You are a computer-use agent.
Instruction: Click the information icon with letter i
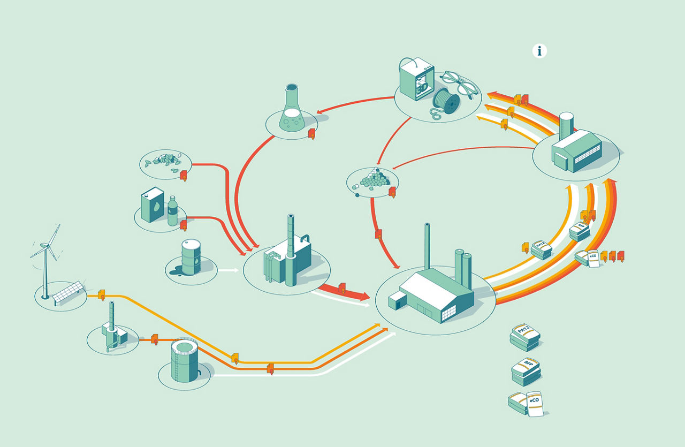point(539,51)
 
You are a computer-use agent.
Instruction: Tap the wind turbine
point(46,257)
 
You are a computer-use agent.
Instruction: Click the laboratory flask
point(292,110)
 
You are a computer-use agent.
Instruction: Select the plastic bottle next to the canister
point(172,211)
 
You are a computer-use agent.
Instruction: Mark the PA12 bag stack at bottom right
point(524,336)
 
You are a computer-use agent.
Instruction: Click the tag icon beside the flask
point(312,134)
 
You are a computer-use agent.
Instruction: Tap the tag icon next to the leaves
point(184,175)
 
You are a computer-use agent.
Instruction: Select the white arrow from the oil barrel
point(229,270)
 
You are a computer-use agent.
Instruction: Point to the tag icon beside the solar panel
point(102,294)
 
